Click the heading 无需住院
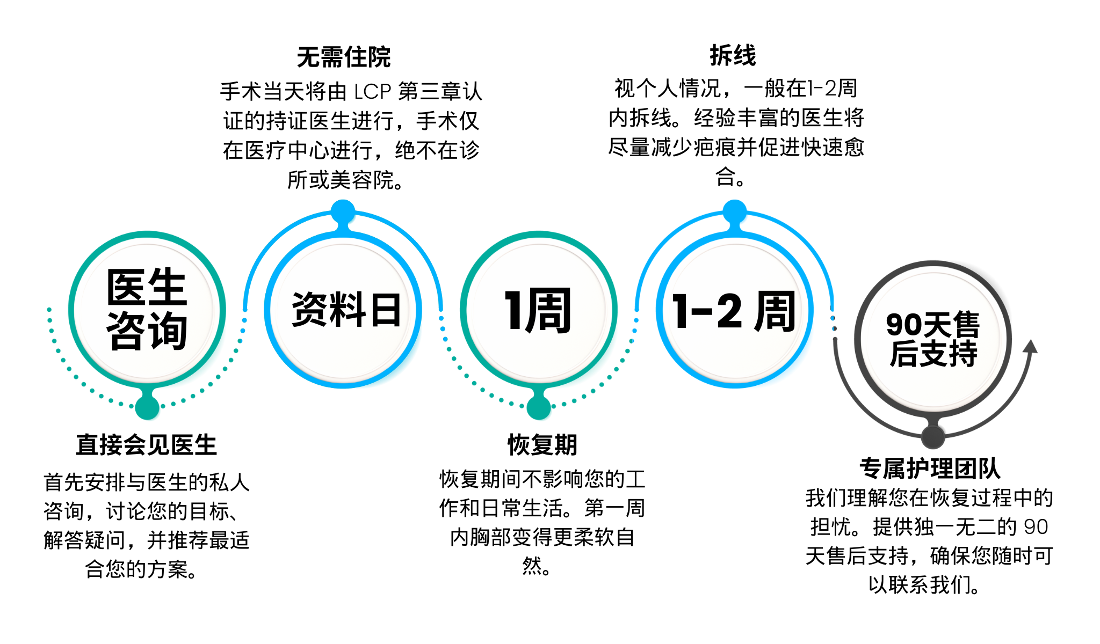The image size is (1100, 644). tap(344, 57)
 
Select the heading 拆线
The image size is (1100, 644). tap(733, 55)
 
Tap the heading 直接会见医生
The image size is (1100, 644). tap(146, 445)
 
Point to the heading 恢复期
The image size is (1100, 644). tap(542, 445)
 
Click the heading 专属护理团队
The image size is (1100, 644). tap(930, 468)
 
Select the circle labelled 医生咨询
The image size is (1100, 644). tap(147, 310)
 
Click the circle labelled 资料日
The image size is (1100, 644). tap(344, 310)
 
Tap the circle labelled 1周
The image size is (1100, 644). tap(539, 310)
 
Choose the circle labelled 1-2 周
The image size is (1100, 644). tap(734, 310)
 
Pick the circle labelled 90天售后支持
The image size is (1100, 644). tap(933, 339)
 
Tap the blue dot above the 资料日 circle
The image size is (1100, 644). tap(343, 211)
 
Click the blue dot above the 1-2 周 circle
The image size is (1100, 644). tap(734, 211)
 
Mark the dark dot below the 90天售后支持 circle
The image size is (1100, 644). tap(933, 437)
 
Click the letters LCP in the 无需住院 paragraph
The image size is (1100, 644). tap(372, 92)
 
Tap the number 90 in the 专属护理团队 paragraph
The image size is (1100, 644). tap(1036, 527)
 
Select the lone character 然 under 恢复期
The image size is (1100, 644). tap(532, 566)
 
